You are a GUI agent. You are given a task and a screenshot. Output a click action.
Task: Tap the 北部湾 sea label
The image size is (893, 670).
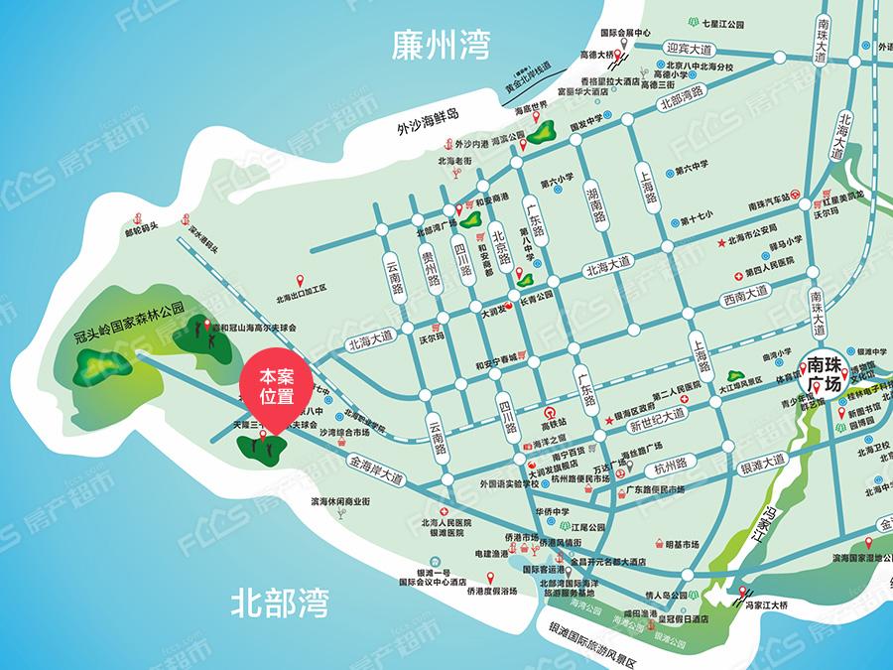[279, 602]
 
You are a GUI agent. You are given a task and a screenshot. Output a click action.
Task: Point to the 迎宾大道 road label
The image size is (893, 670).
[690, 50]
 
